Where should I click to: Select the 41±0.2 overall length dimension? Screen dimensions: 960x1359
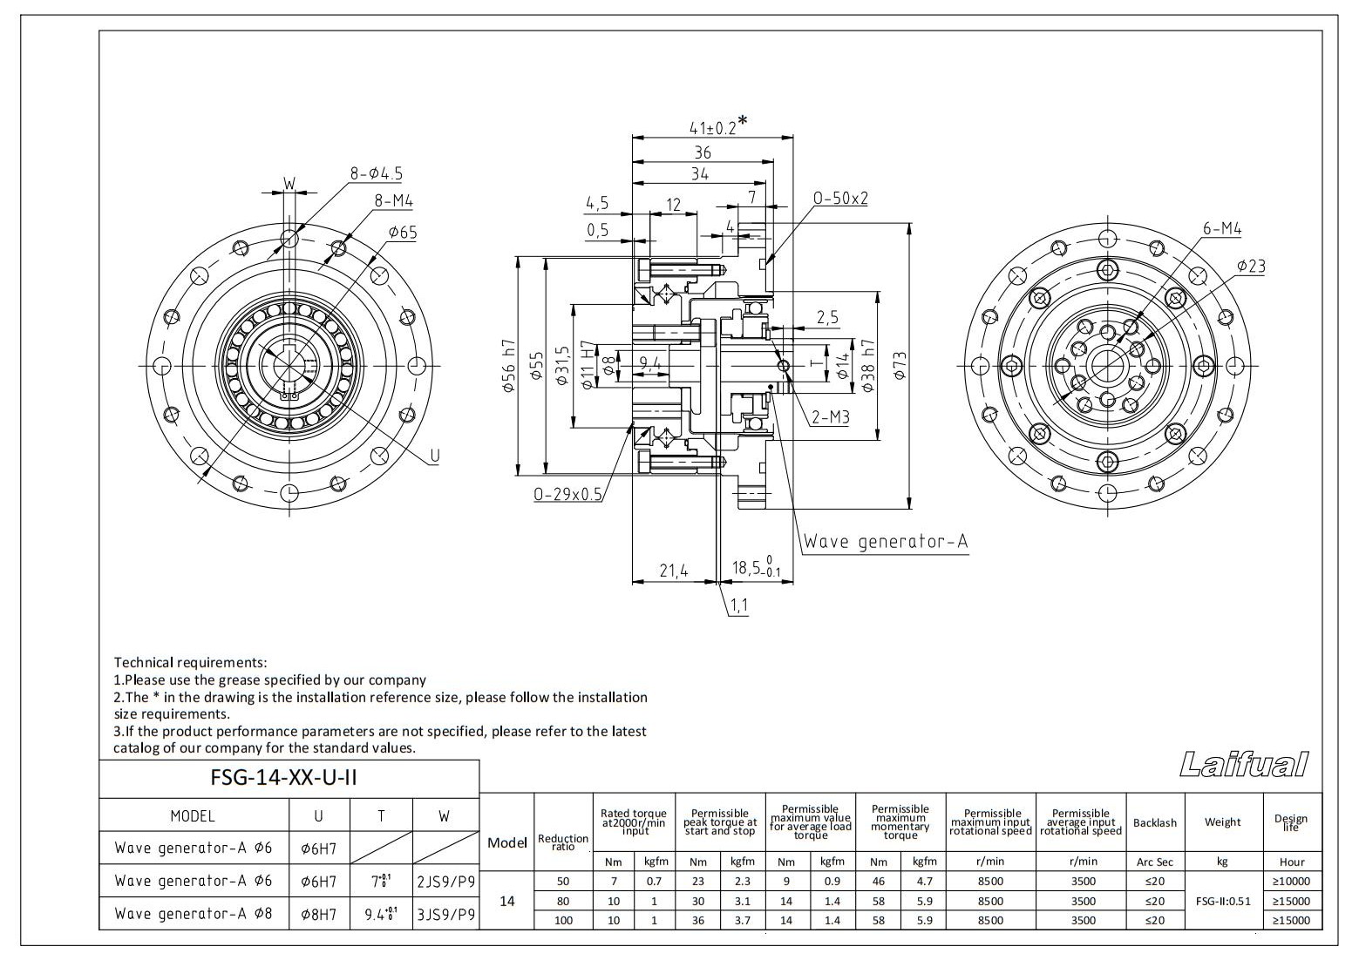click(x=713, y=127)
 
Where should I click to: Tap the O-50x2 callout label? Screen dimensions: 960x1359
click(x=840, y=199)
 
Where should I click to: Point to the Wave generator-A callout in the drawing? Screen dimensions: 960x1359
click(x=885, y=542)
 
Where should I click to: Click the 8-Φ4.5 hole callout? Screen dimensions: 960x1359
click(x=377, y=173)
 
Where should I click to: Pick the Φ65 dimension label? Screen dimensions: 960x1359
click(x=403, y=232)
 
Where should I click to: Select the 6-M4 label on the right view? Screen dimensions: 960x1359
click(x=1222, y=228)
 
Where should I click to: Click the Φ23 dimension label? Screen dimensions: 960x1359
click(x=1251, y=266)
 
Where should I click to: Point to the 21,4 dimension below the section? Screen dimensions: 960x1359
click(x=673, y=571)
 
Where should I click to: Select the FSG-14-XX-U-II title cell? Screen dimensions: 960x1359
click(x=284, y=778)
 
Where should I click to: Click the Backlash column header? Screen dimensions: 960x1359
click(x=1154, y=822)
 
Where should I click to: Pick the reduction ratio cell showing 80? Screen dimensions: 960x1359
click(x=563, y=901)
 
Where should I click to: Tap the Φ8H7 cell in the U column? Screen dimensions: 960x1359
click(x=318, y=914)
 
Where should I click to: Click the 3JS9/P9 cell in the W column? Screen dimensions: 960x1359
click(x=445, y=914)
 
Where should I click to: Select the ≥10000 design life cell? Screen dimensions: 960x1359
click(x=1291, y=882)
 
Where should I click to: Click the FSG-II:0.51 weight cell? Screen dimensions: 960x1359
click(x=1222, y=901)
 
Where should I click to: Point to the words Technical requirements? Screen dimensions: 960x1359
click(x=190, y=663)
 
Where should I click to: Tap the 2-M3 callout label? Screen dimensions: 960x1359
click(x=829, y=417)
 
